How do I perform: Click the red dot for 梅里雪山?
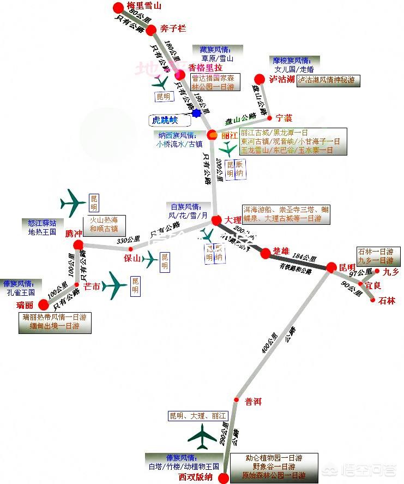point(118,7)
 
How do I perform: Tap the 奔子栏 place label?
point(173,28)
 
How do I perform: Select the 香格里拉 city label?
point(205,68)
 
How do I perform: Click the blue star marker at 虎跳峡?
point(195,113)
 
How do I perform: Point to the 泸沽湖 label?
point(281,79)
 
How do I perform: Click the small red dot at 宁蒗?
point(269,118)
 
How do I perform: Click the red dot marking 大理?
point(216,220)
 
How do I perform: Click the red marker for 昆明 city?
point(332,267)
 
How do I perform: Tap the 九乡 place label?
point(391,271)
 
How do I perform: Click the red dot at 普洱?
point(237,400)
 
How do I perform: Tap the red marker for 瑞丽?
point(44,304)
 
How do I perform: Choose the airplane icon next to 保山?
point(149,260)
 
